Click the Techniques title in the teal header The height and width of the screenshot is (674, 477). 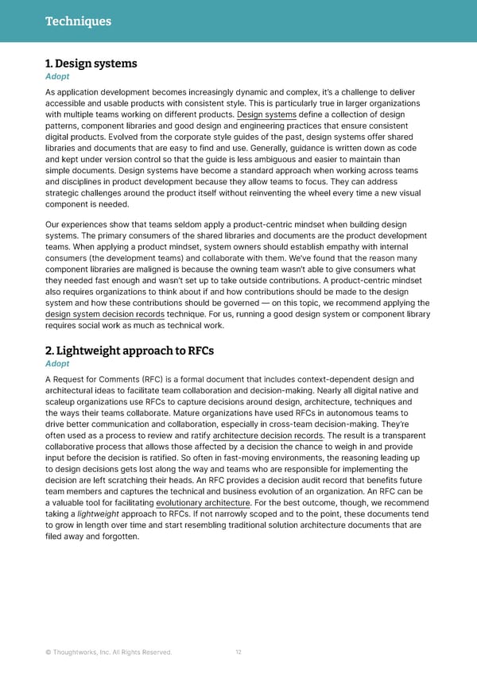77,21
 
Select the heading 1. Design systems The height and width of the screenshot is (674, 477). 91,64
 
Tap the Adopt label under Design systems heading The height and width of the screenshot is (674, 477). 57,77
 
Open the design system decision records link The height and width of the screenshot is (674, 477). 105,314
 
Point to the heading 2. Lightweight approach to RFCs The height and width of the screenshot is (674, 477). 130,351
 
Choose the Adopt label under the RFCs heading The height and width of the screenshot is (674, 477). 57,364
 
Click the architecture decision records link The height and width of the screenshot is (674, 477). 267,436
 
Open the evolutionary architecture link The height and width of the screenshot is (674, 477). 204,502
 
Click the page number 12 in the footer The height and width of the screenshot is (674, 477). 238,653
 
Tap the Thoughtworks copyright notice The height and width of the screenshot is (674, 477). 108,653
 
